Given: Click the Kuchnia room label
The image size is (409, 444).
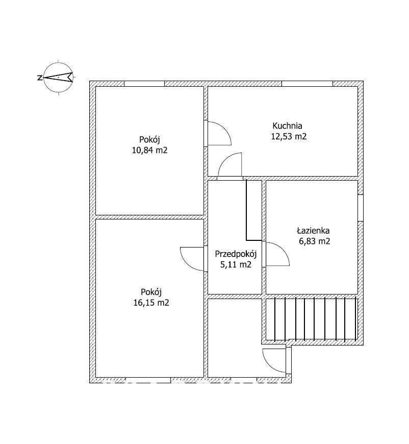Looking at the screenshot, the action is (287, 126).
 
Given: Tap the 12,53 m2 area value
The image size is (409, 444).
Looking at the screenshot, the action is (289, 136).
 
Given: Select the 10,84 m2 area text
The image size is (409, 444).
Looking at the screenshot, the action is (150, 150).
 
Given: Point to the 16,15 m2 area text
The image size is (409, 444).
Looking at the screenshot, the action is (151, 303).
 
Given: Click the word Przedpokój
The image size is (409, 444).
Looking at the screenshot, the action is (236, 254).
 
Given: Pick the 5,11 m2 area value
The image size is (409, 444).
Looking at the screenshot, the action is (236, 264).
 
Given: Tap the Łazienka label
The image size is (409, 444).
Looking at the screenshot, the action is (313, 231).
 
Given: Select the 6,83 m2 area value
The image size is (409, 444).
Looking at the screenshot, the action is (315, 241).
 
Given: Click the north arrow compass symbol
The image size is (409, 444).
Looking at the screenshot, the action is (58, 77).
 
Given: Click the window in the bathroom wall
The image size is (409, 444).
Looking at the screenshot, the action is (361, 208).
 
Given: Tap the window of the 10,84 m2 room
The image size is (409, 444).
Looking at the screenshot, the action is (144, 84).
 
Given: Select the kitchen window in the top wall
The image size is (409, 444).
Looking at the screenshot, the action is (307, 84).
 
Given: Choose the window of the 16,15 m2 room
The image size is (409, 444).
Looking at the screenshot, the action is (148, 380).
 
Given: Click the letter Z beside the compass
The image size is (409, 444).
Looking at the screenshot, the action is (40, 77).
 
